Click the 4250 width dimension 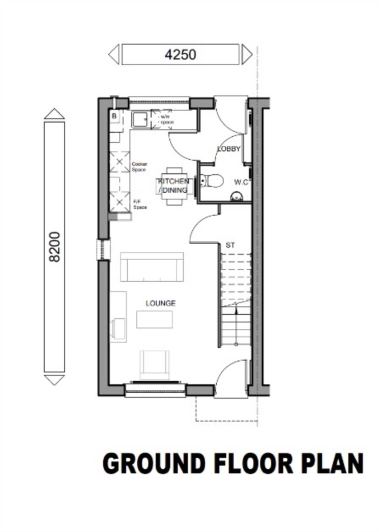click(x=180, y=54)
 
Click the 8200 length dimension click(x=54, y=247)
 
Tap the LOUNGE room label click(x=161, y=303)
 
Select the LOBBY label click(x=229, y=149)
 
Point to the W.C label click(x=241, y=182)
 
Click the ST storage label click(x=230, y=245)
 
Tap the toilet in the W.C click(x=212, y=181)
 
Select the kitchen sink click(x=140, y=120)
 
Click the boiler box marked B click(x=114, y=116)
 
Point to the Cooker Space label click(x=139, y=167)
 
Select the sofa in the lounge click(x=152, y=267)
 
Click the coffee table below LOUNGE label click(x=154, y=319)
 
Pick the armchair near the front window click(x=154, y=365)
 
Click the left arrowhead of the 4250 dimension click(x=114, y=54)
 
